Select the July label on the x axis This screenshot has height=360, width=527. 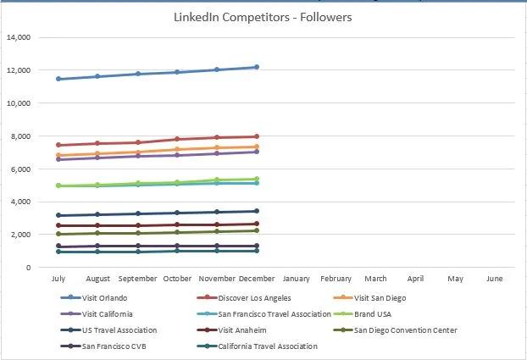58,279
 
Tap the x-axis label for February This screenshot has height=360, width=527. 336,279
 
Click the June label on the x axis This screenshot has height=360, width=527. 495,279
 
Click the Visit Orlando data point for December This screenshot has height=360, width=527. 256,67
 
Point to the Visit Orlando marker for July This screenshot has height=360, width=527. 58,79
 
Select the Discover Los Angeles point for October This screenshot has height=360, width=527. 177,139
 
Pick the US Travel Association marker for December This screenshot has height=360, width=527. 256,211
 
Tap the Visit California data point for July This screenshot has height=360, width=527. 58,159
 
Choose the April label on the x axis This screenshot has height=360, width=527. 415,279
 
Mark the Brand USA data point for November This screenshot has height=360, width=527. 216,180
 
